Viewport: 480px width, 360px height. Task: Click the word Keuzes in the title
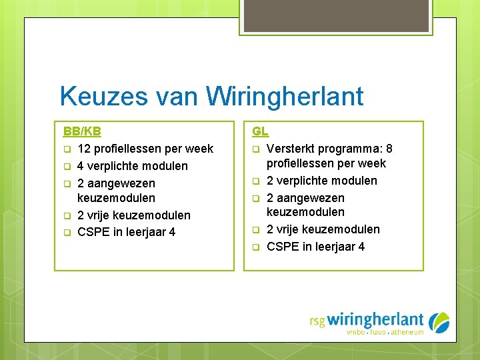(103, 97)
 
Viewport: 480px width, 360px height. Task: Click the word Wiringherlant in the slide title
(285, 97)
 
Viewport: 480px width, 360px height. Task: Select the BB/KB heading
(82, 131)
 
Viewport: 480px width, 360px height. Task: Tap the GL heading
(260, 131)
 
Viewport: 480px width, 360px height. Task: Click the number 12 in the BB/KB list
(85, 149)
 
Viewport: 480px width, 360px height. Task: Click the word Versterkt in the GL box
(292, 149)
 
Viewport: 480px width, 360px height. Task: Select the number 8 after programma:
(389, 149)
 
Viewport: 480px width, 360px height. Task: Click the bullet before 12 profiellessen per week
(67, 149)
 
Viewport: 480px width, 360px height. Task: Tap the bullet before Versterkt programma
(256, 149)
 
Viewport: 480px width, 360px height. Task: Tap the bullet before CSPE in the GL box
(256, 247)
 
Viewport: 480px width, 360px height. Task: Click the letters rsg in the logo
(317, 321)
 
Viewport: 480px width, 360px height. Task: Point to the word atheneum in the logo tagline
(407, 332)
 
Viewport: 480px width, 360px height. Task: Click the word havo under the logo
(378, 332)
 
